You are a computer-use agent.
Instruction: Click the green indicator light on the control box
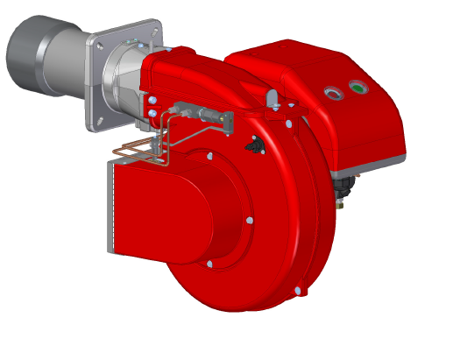click(357, 87)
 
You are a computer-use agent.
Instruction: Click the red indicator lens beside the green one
click(331, 91)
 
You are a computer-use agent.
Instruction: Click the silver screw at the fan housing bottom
click(298, 290)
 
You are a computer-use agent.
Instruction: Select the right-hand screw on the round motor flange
click(251, 221)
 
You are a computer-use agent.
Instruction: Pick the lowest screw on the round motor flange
click(210, 263)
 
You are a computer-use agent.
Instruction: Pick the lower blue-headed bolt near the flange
click(155, 115)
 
